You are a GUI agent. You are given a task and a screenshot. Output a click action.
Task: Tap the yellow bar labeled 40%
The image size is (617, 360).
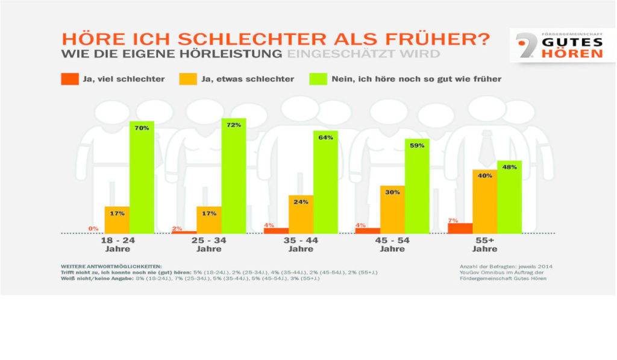[484, 201]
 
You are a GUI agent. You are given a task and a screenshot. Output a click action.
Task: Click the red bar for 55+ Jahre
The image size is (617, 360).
[460, 228]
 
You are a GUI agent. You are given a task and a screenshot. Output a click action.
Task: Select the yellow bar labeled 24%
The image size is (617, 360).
[301, 214]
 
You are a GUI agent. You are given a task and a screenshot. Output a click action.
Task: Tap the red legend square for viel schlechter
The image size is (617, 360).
[69, 79]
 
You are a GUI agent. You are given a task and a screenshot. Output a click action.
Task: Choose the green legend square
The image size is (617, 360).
[317, 79]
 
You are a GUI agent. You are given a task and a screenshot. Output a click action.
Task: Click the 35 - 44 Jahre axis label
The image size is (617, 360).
[301, 244]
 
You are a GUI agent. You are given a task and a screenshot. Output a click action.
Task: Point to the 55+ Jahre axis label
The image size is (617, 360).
[484, 244]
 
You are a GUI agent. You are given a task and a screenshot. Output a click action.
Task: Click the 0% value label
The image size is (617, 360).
[93, 229]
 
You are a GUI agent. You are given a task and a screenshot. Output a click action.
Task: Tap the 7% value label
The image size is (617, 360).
[453, 220]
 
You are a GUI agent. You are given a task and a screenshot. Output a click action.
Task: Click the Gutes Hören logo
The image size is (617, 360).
[561, 46]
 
